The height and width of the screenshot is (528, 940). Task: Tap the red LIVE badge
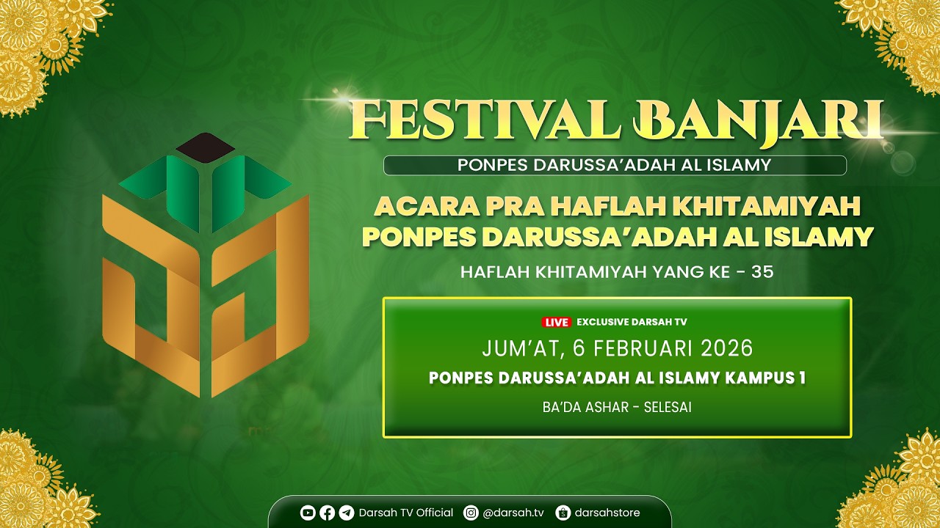pyautogui.click(x=556, y=322)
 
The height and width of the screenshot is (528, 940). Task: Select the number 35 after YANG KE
pyautogui.click(x=762, y=272)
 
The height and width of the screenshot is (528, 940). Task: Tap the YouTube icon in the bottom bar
pyautogui.click(x=308, y=513)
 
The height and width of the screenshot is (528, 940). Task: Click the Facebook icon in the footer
pyautogui.click(x=327, y=513)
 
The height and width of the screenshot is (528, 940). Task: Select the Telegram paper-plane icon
pyautogui.click(x=346, y=513)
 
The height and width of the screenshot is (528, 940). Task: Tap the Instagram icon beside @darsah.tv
pyautogui.click(x=471, y=513)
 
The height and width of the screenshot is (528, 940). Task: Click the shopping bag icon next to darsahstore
pyautogui.click(x=563, y=513)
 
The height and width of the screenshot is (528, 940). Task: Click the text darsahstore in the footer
pyautogui.click(x=607, y=513)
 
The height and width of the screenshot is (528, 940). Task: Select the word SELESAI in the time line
pyautogui.click(x=668, y=407)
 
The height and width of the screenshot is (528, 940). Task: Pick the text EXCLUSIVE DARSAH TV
pyautogui.click(x=632, y=322)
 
